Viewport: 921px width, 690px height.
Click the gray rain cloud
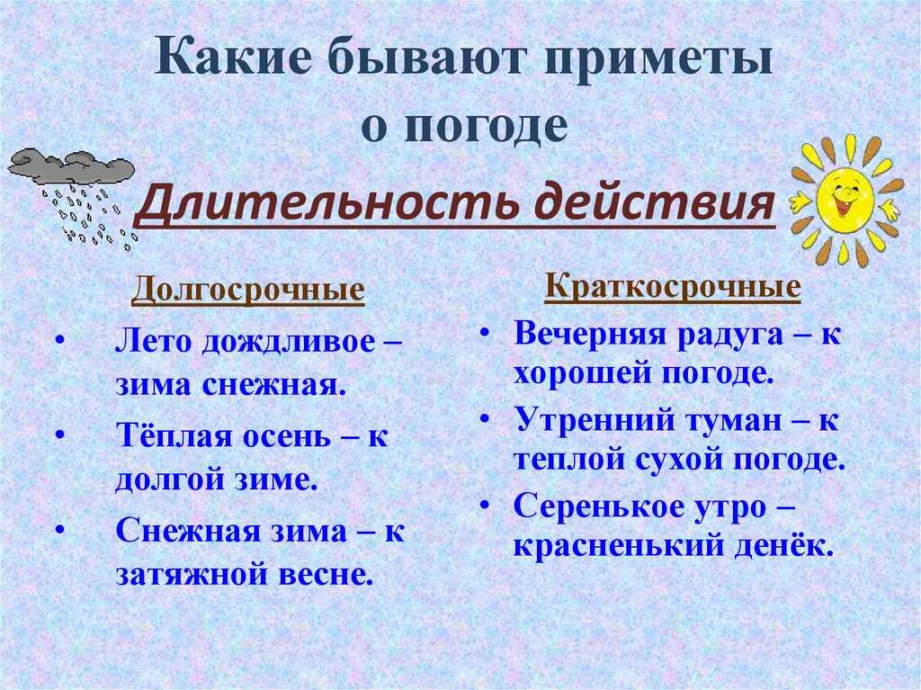tap(71, 165)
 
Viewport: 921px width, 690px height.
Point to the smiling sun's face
tap(845, 200)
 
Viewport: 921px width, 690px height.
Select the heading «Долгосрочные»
tap(248, 290)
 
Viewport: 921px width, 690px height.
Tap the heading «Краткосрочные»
tap(673, 287)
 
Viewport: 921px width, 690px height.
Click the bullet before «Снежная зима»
tap(59, 528)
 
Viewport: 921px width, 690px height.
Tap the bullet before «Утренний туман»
tap(485, 418)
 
